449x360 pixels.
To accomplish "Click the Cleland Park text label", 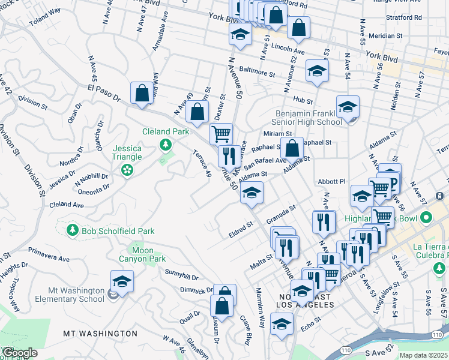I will (165, 131).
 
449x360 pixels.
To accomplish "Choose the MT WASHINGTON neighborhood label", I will (100, 333).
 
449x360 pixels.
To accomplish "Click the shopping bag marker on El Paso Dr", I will (142, 94).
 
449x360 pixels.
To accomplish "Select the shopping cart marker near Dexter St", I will (221, 133).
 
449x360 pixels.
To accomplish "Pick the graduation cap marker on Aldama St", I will (252, 194).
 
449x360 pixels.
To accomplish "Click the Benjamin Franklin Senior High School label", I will (308, 118).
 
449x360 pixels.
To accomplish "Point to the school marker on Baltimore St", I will (316, 71).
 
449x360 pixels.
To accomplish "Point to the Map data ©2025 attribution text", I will (423, 355).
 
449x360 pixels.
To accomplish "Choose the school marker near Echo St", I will (281, 325).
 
